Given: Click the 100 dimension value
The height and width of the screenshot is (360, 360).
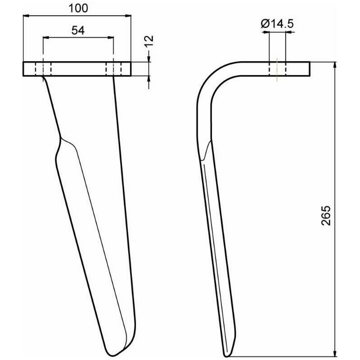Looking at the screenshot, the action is (78, 9).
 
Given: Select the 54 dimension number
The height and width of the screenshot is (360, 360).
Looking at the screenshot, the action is (78, 30).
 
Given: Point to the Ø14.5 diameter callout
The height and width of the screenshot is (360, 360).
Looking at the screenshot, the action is (277, 23).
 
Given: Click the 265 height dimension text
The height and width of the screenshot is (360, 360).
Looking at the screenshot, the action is (326, 216).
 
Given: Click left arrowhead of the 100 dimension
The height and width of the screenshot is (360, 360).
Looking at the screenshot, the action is (26, 16).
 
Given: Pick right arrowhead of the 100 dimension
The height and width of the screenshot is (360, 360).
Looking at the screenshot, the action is (128, 16).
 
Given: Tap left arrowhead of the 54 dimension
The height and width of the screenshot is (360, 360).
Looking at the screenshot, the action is (46, 37).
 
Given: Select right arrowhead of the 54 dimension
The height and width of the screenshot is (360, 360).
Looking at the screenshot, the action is (111, 37).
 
